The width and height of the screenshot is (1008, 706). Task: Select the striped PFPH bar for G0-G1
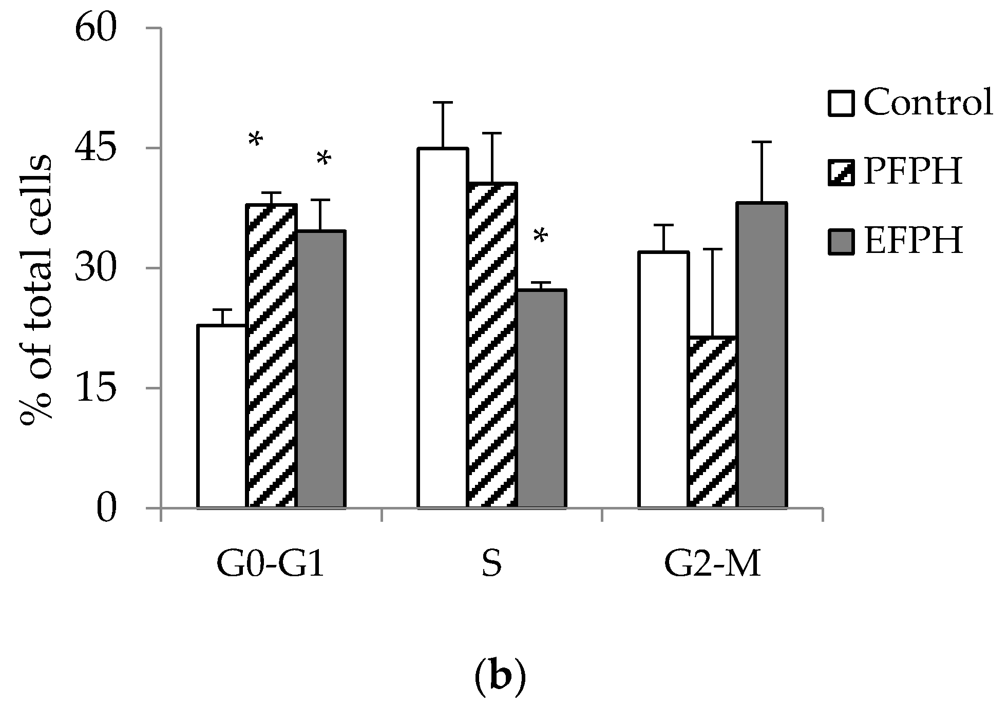coord(271,356)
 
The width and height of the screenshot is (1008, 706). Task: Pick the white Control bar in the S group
coord(442,328)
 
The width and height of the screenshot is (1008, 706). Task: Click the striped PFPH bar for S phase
coord(491,345)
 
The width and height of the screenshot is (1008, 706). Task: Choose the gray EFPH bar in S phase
coord(541,399)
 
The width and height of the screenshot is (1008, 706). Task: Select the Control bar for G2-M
coord(662,380)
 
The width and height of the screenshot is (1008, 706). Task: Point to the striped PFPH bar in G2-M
coord(712,422)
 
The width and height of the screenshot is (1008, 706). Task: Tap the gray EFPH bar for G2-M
coord(762,355)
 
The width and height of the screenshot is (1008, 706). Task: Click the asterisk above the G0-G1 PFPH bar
coord(255,140)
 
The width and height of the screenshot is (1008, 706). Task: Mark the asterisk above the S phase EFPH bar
coord(540,238)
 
